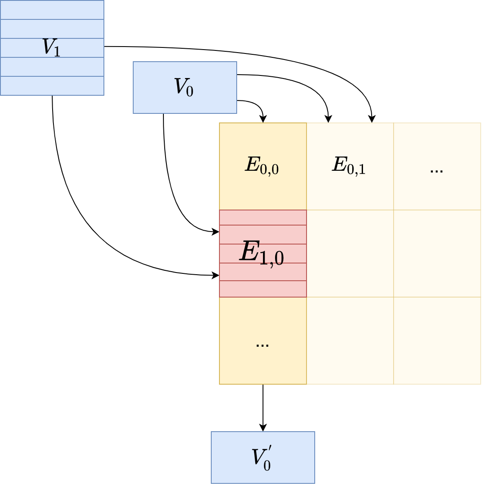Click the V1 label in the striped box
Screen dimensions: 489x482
coord(51,47)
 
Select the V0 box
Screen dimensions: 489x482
coord(185,88)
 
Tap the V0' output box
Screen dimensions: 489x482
coord(263,457)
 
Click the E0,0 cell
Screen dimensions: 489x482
coord(263,166)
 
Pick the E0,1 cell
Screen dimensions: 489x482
coord(350,166)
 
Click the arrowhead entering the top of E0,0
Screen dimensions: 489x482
coord(263,119)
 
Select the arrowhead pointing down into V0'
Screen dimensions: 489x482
coord(263,428)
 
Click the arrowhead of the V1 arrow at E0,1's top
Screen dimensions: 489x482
coord(372,119)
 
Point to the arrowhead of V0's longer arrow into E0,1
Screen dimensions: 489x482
coord(329,119)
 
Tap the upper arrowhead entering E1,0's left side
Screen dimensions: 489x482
coord(216,232)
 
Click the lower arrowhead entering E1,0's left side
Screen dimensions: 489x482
coord(216,275)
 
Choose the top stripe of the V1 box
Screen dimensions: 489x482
coord(52,10)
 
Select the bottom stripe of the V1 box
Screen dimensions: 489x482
coord(52,86)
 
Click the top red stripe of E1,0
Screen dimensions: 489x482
coord(263,217)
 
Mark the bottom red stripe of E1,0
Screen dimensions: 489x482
coord(263,289)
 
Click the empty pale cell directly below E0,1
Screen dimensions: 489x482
coord(350,253)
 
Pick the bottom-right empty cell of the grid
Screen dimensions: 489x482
coord(437,341)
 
